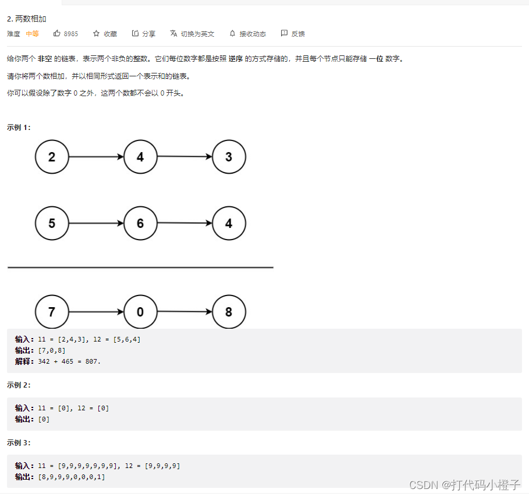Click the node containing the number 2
52,157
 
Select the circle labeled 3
229,157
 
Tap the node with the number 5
52,223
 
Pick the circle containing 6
140,223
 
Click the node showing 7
52,312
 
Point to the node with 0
140,312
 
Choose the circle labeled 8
229,312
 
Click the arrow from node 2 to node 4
96,157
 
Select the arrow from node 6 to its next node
184,223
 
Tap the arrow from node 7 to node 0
96,312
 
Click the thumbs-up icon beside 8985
57,34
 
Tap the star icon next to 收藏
97,34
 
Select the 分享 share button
144,34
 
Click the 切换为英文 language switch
192,34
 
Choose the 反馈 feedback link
293,34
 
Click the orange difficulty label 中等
33,34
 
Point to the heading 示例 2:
19,385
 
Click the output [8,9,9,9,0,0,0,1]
72,477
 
